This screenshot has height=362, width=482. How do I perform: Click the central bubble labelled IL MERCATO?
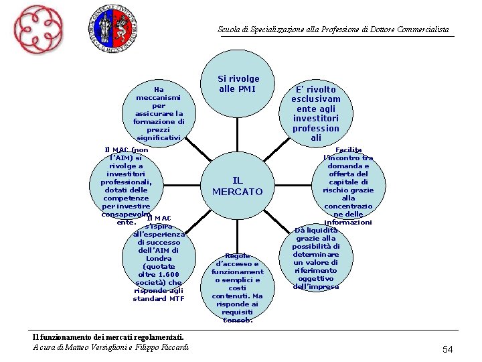click(x=238, y=186)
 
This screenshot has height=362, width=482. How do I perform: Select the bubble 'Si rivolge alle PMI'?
click(x=238, y=84)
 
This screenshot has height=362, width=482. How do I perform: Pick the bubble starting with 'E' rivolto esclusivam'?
click(x=316, y=113)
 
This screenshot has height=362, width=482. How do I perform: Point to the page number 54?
click(x=448, y=349)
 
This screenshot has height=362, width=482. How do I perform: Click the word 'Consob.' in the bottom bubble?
click(x=238, y=320)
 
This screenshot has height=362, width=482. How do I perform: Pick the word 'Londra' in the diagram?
click(x=159, y=258)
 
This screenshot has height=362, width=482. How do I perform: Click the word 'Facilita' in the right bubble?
click(x=348, y=149)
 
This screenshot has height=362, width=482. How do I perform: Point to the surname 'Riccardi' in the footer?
click(x=173, y=347)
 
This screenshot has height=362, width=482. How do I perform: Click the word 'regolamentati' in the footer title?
click(x=154, y=337)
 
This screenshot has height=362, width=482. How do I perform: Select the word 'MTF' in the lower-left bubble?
click(x=177, y=298)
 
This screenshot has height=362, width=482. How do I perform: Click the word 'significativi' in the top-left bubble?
click(x=159, y=137)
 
